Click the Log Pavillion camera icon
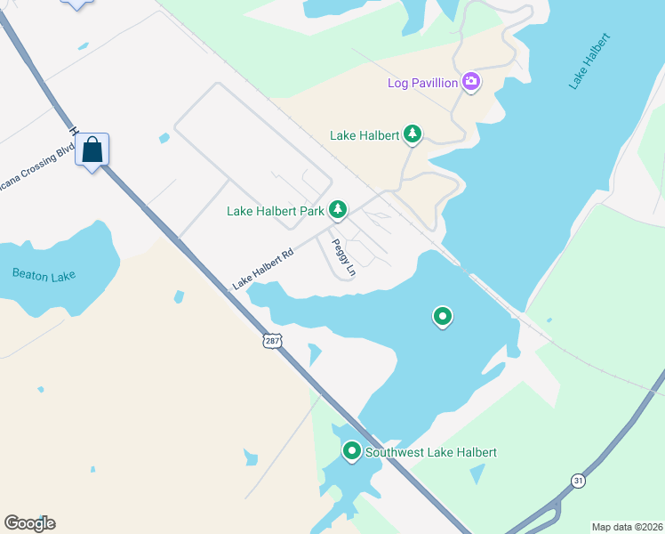click(471, 83)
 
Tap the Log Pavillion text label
click(422, 84)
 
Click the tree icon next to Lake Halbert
click(413, 134)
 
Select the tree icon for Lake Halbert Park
click(338, 210)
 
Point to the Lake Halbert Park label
click(275, 212)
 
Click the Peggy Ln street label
click(343, 258)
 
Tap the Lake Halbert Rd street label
click(262, 270)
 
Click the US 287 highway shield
click(272, 341)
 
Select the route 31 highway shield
click(579, 481)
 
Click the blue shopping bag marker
click(92, 150)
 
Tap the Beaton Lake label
click(44, 275)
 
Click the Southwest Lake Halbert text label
click(431, 453)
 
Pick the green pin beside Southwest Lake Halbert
click(352, 452)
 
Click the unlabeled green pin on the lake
click(442, 316)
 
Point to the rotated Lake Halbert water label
click(590, 61)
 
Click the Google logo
click(29, 523)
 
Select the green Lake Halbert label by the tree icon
click(365, 136)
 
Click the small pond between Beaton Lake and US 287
click(179, 296)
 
